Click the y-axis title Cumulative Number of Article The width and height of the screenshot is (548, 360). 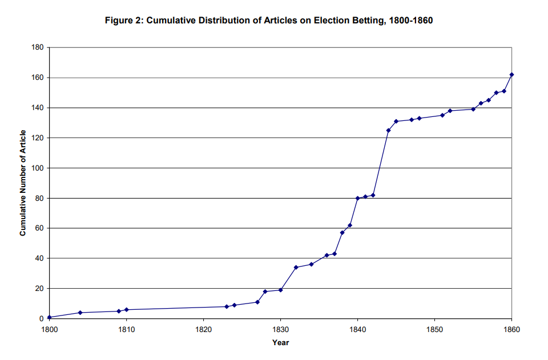[23, 183]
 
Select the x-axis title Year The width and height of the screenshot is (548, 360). [280, 342]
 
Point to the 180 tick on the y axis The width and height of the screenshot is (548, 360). [38, 47]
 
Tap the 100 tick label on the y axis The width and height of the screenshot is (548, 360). [38, 168]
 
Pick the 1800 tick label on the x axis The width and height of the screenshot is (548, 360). [50, 329]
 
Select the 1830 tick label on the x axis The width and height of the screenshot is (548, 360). [280, 329]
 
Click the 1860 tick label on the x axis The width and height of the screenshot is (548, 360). [511, 329]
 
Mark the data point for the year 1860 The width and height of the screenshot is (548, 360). [511, 75]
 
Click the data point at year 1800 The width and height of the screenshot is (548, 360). [50, 317]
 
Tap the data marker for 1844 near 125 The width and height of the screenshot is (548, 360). [388, 131]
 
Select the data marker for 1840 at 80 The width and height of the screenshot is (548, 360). [357, 198]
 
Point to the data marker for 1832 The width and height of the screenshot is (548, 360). [296, 267]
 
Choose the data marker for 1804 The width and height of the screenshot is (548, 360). [80, 313]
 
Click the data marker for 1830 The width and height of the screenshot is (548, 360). [280, 290]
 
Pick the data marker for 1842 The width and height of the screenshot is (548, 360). [373, 195]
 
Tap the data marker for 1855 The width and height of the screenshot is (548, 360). [473, 109]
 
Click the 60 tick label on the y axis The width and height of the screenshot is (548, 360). [40, 228]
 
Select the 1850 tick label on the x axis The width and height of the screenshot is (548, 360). [434, 329]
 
